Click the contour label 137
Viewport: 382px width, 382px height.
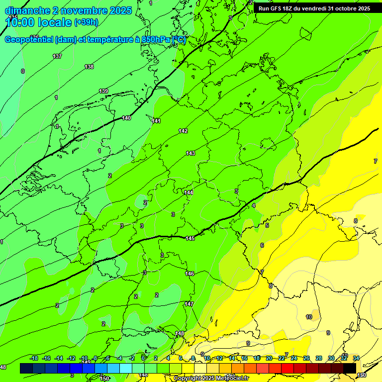[x=58, y=56]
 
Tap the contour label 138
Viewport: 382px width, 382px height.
[x=89, y=67]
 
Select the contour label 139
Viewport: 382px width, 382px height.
[x=103, y=91]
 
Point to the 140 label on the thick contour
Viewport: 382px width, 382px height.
[x=126, y=118]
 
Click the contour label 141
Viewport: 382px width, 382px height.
[x=157, y=121]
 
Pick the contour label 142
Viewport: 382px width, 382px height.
[x=183, y=131]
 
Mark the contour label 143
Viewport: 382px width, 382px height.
[x=191, y=154]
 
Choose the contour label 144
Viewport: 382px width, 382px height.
[x=189, y=192]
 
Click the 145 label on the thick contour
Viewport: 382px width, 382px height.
[x=190, y=239]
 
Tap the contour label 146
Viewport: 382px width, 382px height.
[x=190, y=274]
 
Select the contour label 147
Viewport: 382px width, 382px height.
[x=189, y=304]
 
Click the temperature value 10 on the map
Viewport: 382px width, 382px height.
[x=309, y=317]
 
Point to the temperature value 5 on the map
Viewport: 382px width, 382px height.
[x=267, y=225]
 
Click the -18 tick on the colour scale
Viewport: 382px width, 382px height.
[x=34, y=358]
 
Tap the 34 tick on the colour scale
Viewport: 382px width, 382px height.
[x=356, y=358]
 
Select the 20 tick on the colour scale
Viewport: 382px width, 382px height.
[x=269, y=358]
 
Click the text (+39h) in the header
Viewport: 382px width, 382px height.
[x=86, y=22]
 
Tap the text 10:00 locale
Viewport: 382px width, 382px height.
[x=39, y=22]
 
